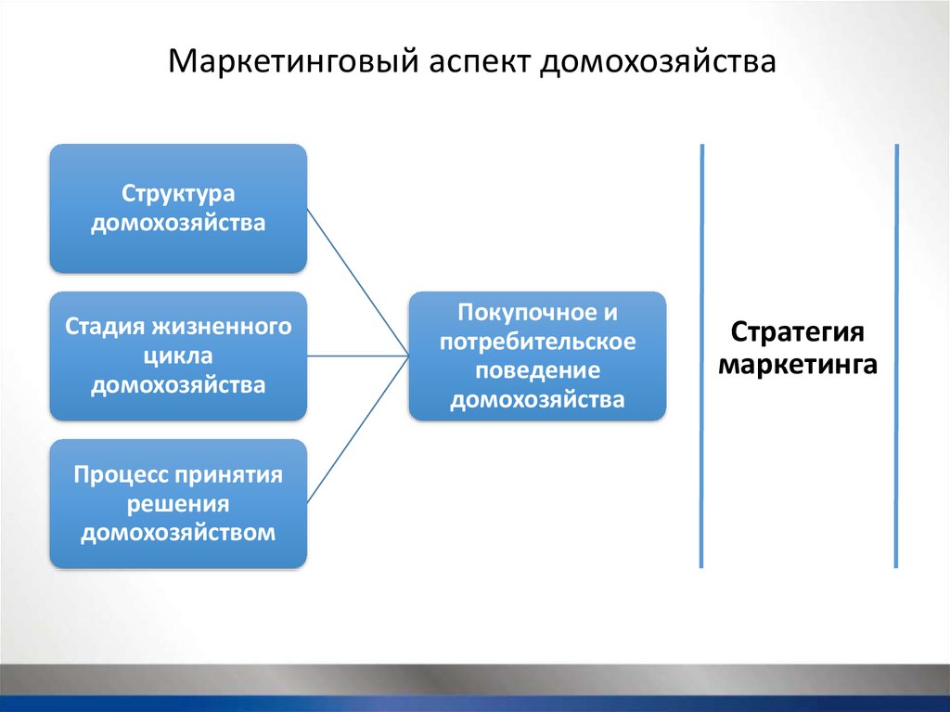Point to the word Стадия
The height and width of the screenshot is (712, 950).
click(x=104, y=328)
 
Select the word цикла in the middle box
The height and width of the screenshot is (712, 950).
click(x=178, y=356)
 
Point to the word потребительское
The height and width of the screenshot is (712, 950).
click(x=538, y=342)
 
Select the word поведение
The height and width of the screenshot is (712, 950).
click(x=538, y=370)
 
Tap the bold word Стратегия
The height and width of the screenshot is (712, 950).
click(x=798, y=333)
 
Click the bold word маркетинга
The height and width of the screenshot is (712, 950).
click(x=798, y=363)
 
